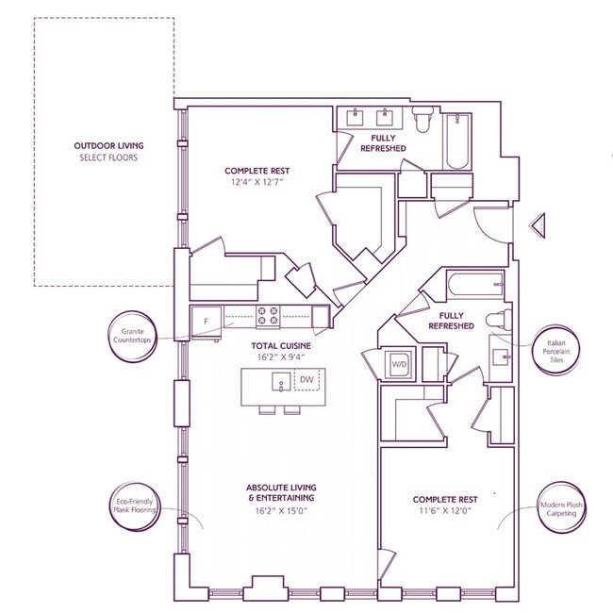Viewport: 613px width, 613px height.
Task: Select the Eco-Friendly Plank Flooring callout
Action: click(x=135, y=506)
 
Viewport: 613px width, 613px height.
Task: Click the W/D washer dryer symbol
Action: click(x=399, y=364)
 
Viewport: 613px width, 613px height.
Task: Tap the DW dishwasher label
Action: click(x=306, y=379)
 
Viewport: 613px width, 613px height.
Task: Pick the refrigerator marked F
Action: click(x=207, y=322)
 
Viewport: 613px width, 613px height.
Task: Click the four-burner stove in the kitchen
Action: click(x=268, y=316)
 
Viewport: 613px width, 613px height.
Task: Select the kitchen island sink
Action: click(x=281, y=382)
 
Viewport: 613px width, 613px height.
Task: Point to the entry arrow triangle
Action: click(x=538, y=225)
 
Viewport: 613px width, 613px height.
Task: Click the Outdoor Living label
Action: click(x=108, y=146)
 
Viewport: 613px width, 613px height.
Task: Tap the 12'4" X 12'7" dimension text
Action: click(x=257, y=182)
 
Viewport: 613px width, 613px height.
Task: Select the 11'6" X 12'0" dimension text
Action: click(x=445, y=510)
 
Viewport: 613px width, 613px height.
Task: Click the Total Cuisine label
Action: click(x=281, y=345)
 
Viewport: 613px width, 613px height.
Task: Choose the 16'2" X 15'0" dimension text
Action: click(x=281, y=510)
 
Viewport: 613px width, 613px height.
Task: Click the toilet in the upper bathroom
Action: click(x=422, y=119)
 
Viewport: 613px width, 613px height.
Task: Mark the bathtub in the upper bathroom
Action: click(x=457, y=141)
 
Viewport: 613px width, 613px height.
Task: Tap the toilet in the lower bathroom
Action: click(x=499, y=321)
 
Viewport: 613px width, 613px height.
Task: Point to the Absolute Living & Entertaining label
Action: click(x=281, y=492)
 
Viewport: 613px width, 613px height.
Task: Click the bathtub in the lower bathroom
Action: click(x=475, y=286)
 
